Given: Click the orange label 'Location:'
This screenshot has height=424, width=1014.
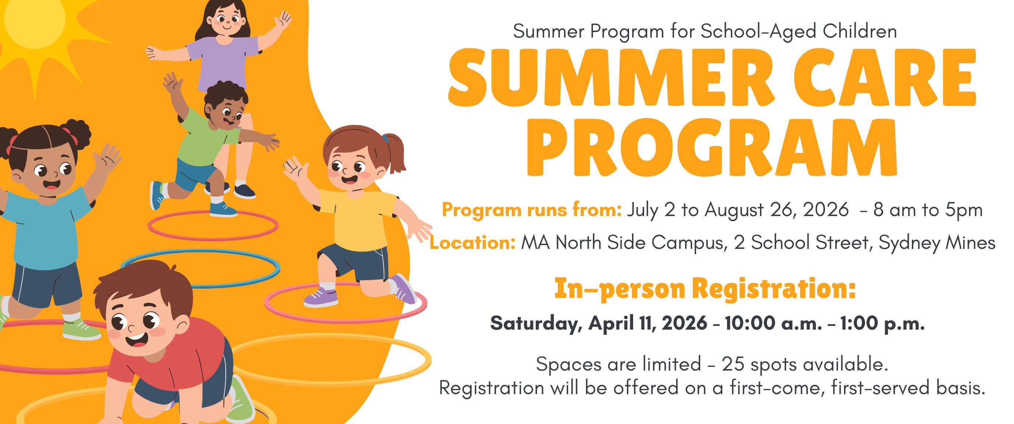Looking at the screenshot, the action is (x=472, y=243).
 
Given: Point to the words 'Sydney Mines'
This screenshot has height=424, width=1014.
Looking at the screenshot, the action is (x=937, y=243).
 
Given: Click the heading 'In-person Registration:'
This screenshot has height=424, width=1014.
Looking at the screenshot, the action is (x=705, y=289).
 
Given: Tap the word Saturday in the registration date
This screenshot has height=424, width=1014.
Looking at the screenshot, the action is (x=536, y=324).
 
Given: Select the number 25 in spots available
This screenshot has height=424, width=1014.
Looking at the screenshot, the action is (x=733, y=364).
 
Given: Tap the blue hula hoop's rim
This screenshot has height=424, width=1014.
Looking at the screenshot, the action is (x=201, y=285).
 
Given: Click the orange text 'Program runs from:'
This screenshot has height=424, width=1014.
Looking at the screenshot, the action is (x=532, y=210).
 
